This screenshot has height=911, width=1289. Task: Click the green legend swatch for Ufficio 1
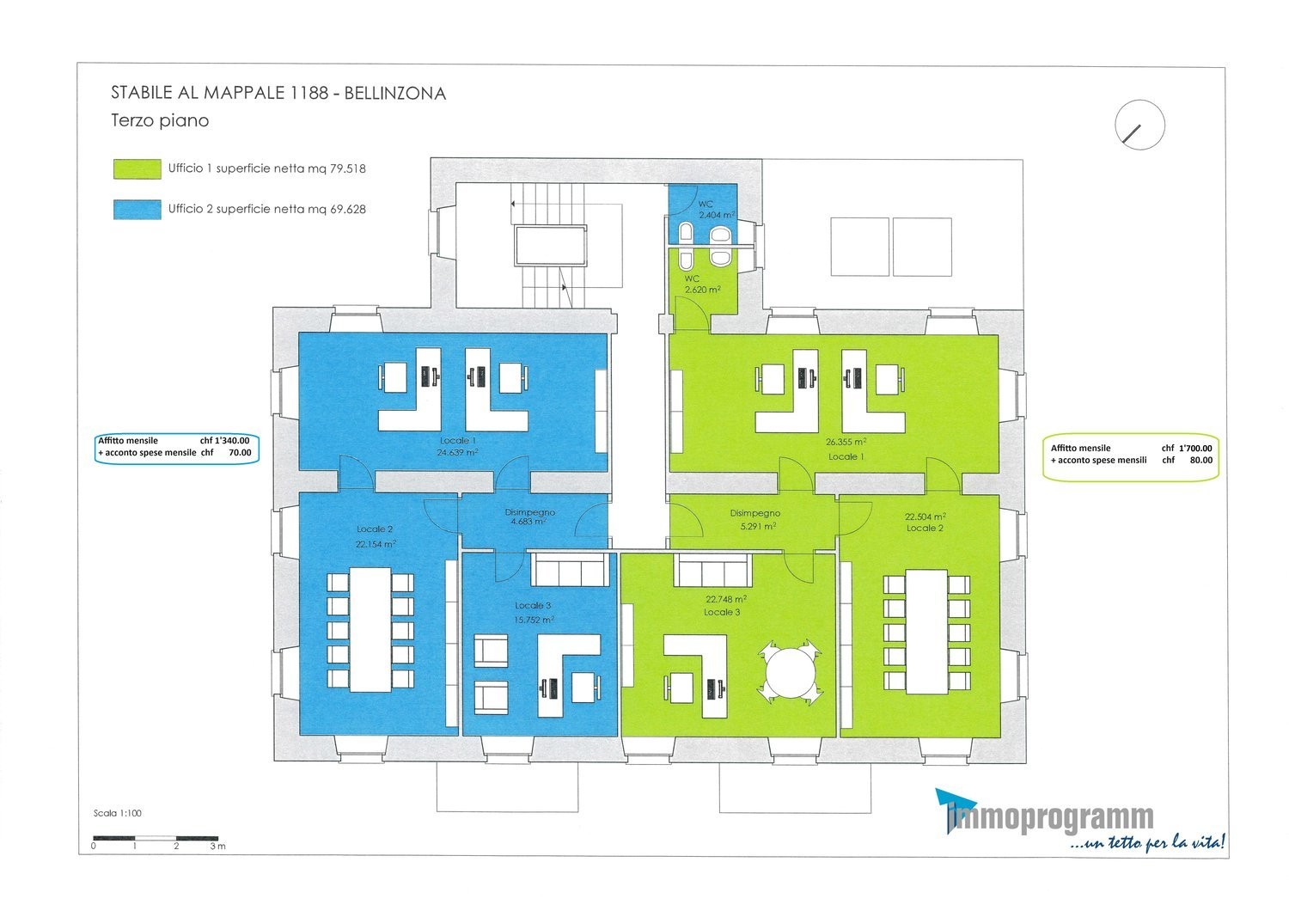[137, 169]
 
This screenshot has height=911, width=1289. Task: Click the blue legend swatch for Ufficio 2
[137, 210]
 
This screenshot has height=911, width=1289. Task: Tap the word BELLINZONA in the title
[394, 93]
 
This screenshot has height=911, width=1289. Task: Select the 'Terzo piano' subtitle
[160, 121]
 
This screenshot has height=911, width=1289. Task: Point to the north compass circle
[1139, 101]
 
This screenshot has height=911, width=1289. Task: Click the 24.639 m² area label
[457, 452]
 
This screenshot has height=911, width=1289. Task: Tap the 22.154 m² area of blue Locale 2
[376, 544]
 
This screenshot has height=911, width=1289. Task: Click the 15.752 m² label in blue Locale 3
[534, 620]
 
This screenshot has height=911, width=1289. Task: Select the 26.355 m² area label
[846, 442]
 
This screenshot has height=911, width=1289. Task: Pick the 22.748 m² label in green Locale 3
[726, 598]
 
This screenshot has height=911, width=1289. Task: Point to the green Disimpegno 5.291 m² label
[755, 519]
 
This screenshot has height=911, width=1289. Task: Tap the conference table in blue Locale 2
[370, 630]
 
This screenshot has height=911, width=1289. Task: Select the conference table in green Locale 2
[926, 632]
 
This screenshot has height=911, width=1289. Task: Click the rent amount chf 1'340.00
[224, 441]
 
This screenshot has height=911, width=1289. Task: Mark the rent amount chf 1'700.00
[1187, 449]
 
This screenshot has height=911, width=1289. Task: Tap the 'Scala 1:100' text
[118, 813]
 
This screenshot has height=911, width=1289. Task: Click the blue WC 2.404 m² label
[715, 210]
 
